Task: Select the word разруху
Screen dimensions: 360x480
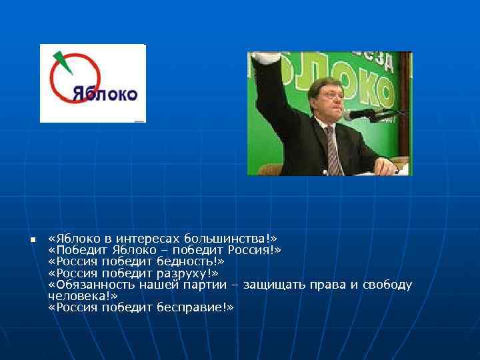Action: [184, 273]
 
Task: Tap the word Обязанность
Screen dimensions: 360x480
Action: [92, 285]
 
